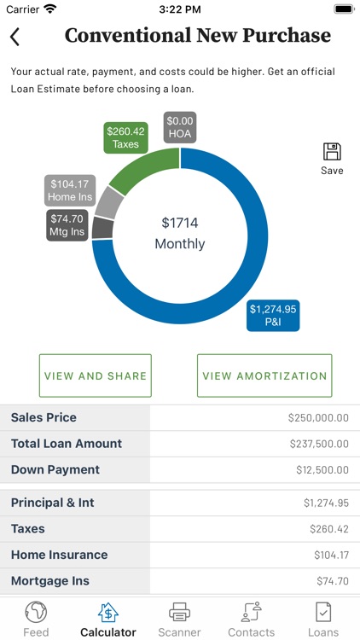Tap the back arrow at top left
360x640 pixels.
[15, 37]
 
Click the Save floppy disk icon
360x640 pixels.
[332, 152]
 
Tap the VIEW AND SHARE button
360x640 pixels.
[96, 375]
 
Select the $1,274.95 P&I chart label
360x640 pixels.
[273, 316]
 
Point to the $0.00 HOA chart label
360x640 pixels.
[180, 128]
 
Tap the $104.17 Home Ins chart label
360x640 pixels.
[70, 190]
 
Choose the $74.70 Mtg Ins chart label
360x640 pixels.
[66, 224]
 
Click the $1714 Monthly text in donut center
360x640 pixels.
[180, 233]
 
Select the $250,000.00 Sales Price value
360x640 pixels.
[317, 418]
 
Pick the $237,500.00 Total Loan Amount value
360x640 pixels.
[317, 444]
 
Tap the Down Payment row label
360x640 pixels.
[55, 469]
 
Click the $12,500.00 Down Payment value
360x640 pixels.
[320, 470]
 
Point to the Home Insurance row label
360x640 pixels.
[59, 555]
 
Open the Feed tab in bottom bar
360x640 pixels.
[36, 619]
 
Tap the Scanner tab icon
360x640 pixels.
[179, 612]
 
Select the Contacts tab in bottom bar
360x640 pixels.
[252, 619]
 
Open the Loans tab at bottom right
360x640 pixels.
[323, 619]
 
